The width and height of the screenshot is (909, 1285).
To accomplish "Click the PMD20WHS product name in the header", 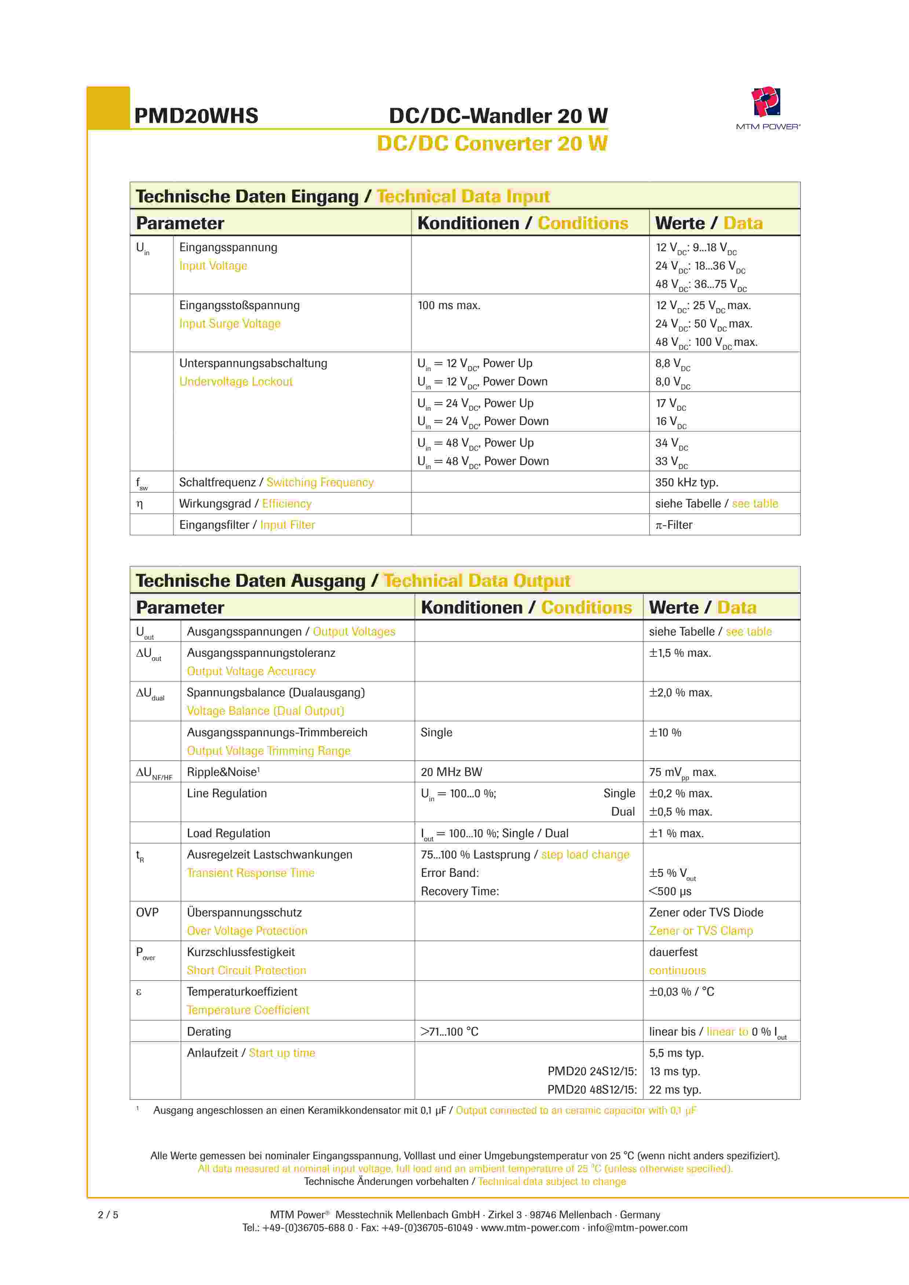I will coord(196,116).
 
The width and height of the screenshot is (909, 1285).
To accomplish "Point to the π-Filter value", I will coord(674,525).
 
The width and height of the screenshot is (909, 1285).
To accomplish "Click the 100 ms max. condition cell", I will coord(449,305).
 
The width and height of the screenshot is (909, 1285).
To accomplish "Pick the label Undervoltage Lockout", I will coord(236,382).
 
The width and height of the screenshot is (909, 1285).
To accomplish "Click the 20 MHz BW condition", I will coord(451,772).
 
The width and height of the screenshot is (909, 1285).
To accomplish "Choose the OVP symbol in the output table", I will coord(147,913).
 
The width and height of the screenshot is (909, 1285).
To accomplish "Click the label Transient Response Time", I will coord(250,873).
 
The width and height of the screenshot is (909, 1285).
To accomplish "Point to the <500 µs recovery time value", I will coord(670,892).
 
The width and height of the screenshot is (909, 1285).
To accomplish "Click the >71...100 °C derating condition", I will coord(450,1032).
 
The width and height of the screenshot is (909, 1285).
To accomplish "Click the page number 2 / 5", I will coord(108,1215).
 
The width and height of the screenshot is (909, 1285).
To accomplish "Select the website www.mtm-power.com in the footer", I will coord(530,1228).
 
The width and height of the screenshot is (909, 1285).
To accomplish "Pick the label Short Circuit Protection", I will coord(246,971).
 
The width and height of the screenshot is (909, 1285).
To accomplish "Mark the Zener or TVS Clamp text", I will coord(701,931).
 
